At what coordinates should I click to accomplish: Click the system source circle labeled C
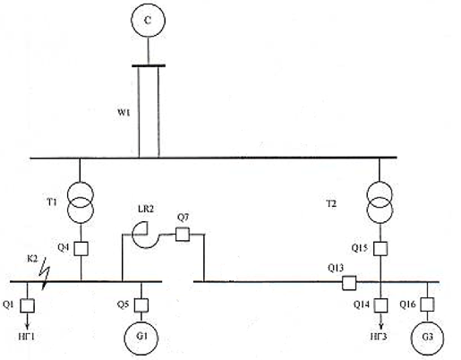click(x=148, y=21)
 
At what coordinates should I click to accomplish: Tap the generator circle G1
click(x=141, y=337)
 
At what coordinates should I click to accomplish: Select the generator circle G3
click(x=427, y=338)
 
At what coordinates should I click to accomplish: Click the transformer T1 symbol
click(x=80, y=202)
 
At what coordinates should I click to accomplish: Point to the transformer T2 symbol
click(x=380, y=202)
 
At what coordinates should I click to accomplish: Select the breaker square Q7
click(x=182, y=234)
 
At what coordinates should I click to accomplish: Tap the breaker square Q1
click(x=27, y=305)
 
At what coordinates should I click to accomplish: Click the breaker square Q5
click(x=141, y=305)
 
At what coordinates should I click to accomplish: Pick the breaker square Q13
click(x=349, y=283)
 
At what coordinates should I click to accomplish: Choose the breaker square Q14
click(x=380, y=305)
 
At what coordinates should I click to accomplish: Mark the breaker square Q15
click(x=380, y=248)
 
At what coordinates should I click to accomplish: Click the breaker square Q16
click(x=427, y=304)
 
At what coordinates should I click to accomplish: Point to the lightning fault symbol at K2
click(x=45, y=273)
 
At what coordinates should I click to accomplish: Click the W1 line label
click(x=124, y=113)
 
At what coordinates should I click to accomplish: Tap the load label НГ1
click(x=27, y=337)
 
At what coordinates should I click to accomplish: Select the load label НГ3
click(x=379, y=337)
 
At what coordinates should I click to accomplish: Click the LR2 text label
click(x=146, y=209)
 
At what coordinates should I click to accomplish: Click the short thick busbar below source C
click(x=149, y=65)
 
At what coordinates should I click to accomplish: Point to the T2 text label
click(x=331, y=204)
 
